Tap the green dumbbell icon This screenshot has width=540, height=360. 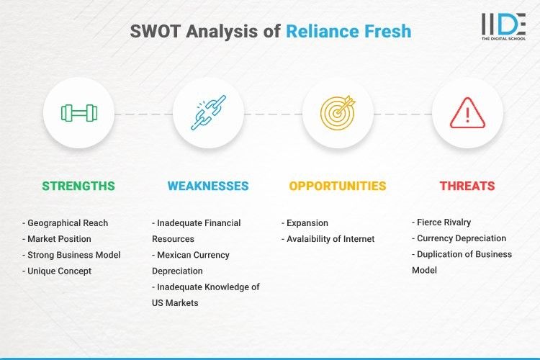click(78, 113)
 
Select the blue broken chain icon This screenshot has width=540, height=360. click(208, 113)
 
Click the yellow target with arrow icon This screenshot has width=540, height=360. click(338, 113)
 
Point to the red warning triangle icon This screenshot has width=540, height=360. click(467, 113)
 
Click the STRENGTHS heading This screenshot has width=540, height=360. click(78, 186)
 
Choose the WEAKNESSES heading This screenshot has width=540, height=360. click(208, 186)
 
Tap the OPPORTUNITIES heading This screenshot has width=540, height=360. click(338, 186)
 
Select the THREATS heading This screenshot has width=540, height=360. click(467, 186)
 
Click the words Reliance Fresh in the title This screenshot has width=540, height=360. click(348, 31)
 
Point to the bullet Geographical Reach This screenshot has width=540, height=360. click(68, 223)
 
